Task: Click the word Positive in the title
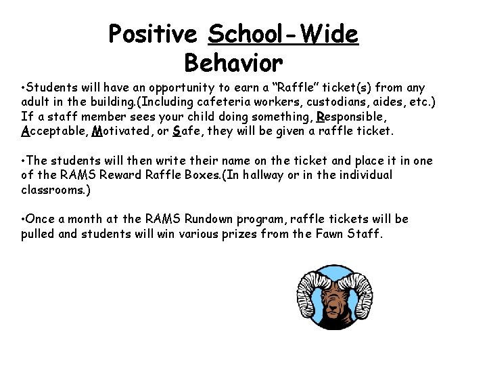coord(152,33)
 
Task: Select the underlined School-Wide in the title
coord(283,33)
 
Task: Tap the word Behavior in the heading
coord(233,63)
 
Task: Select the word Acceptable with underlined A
coord(53,131)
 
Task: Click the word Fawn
coord(333,235)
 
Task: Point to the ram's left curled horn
coord(310,294)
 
